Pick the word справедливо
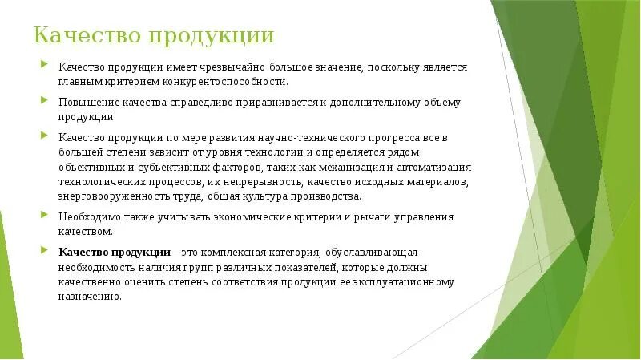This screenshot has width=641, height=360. click(202, 103)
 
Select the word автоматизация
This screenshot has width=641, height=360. click(434, 168)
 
